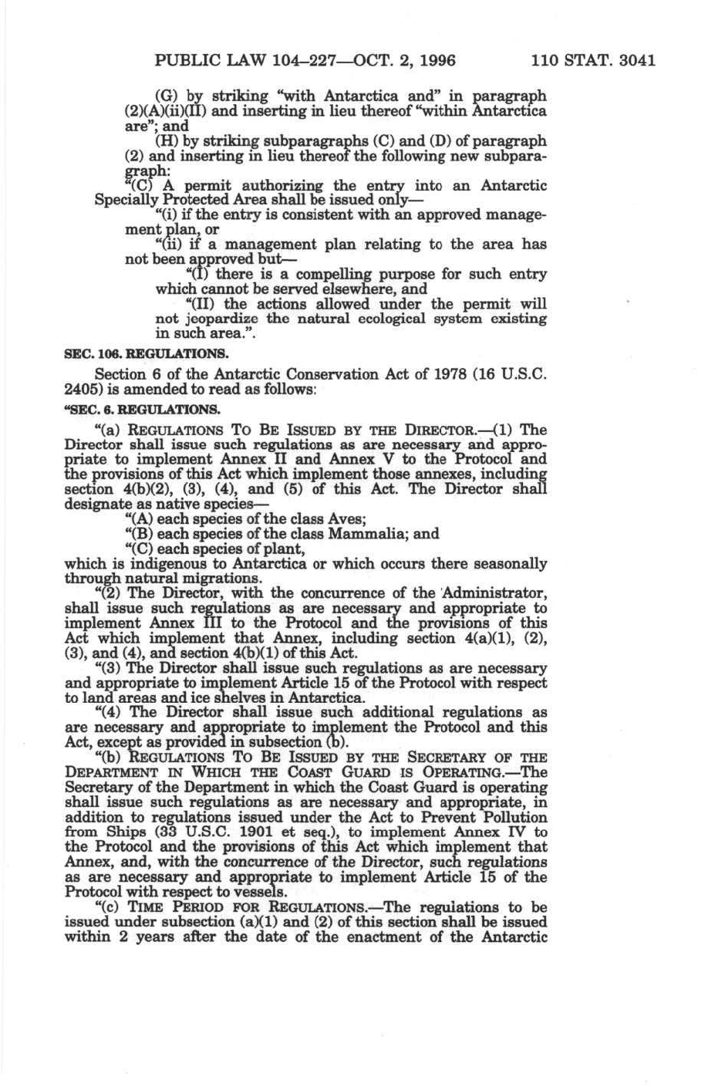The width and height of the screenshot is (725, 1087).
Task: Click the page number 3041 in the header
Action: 632,60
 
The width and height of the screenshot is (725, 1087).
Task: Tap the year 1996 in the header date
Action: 435,60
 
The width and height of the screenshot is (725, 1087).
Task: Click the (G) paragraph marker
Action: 167,97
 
